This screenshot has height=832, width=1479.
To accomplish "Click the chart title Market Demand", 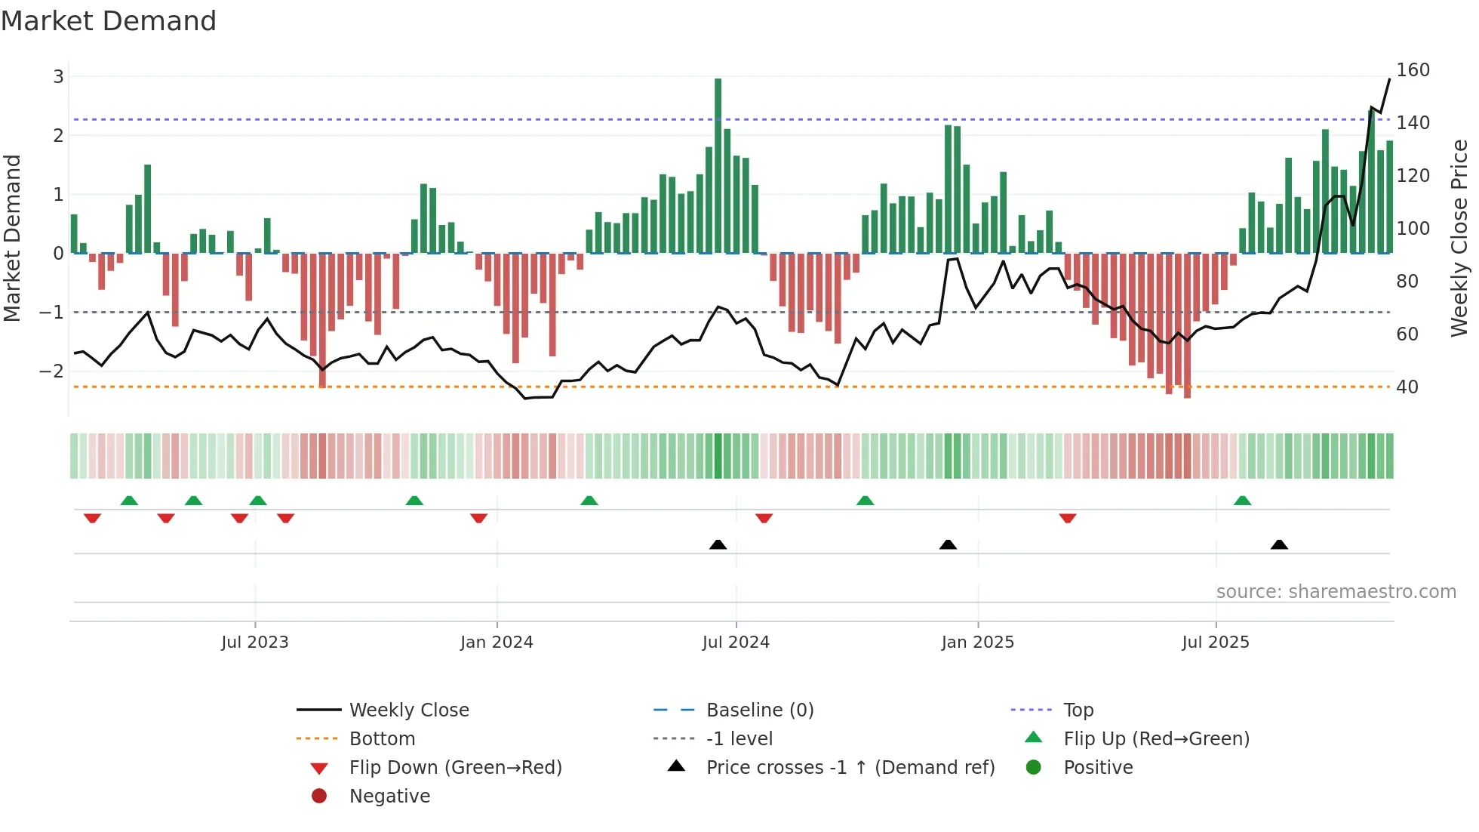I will [x=109, y=21].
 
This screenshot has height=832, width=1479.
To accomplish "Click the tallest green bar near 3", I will [x=718, y=166].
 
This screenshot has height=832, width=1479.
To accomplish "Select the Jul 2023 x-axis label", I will [x=255, y=642].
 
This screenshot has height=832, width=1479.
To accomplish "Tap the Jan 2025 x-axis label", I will [x=977, y=642].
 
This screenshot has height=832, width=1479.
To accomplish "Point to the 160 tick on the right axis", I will [x=1413, y=70].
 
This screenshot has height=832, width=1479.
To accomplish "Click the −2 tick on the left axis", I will [x=51, y=371].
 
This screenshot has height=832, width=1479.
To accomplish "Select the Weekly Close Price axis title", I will [x=1459, y=238].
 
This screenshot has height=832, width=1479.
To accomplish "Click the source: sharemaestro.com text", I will [x=1336, y=591].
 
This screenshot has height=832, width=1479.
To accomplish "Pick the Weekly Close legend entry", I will [x=408, y=710].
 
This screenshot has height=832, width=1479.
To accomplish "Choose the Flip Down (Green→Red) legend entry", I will [x=455, y=767].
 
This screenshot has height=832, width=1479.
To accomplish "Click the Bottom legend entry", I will [x=382, y=738].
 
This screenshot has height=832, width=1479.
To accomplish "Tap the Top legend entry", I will [x=1078, y=710].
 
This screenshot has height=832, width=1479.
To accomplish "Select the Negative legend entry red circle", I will [x=319, y=796].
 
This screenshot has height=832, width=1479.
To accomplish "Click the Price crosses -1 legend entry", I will [x=850, y=767].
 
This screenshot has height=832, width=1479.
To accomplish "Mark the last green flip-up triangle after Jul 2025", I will [x=1242, y=501].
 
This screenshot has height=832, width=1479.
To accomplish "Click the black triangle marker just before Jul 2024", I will [x=718, y=544].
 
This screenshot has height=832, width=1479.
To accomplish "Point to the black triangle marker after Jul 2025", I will [x=1279, y=544].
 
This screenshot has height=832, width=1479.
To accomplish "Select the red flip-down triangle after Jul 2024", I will [x=764, y=518].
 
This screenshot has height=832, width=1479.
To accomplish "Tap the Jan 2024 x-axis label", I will [x=497, y=642].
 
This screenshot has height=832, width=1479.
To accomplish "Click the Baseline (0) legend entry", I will [x=759, y=710].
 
